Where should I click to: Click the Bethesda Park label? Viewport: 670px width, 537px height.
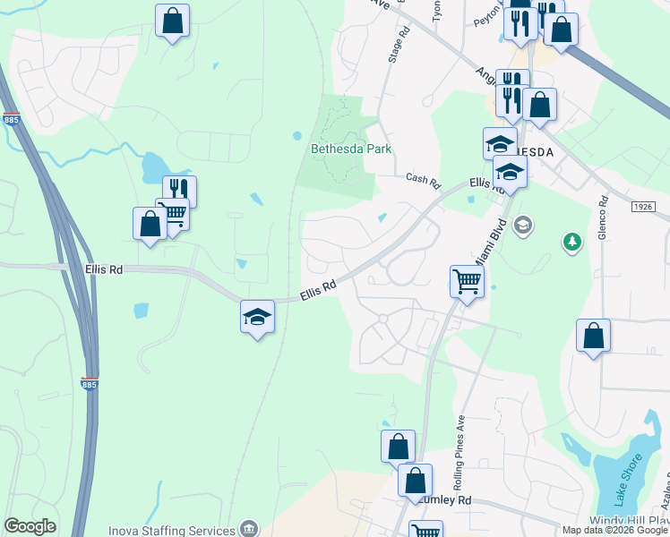[351, 149]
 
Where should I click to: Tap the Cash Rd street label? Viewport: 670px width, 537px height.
[424, 181]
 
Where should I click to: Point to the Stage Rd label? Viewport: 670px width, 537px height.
[399, 43]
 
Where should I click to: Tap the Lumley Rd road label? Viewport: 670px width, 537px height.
[451, 500]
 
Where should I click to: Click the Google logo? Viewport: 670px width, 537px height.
[30, 526]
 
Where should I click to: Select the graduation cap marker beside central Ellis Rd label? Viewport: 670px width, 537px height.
[257, 317]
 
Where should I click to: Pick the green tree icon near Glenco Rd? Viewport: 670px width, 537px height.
[571, 242]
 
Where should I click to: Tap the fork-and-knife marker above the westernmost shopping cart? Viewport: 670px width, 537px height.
[179, 191]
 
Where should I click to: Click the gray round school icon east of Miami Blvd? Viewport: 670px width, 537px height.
[524, 224]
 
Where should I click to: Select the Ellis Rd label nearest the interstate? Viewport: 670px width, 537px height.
[104, 268]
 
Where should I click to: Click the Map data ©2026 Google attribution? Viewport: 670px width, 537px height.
[614, 530]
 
